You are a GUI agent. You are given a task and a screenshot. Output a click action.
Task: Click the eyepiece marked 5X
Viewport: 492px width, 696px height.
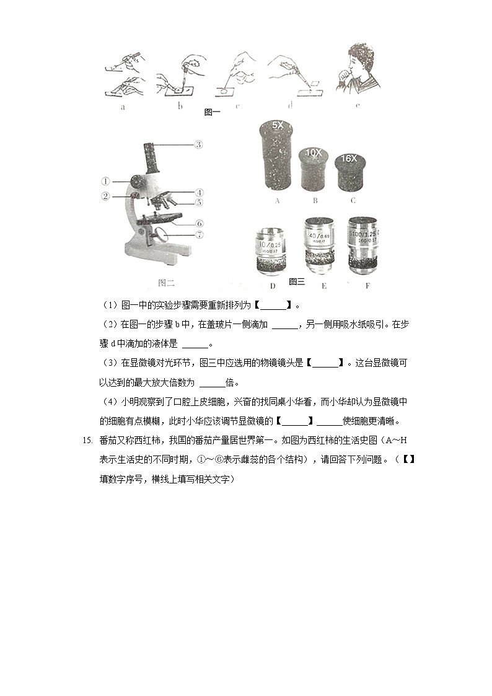pos(276,158)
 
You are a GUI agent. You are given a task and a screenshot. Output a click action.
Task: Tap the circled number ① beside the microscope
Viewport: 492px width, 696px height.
pos(106,182)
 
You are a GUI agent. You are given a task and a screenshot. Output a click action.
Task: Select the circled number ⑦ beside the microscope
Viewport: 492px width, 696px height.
pos(200,235)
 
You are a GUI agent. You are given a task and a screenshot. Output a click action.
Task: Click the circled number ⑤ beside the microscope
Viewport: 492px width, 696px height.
pos(200,202)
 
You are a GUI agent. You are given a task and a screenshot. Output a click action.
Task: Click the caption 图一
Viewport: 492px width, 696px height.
pos(212,112)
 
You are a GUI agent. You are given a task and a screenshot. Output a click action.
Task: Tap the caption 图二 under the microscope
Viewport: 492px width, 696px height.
pos(166,283)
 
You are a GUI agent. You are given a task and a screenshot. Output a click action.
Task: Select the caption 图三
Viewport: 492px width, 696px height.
pos(297,281)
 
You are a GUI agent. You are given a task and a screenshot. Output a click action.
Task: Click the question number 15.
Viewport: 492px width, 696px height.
pos(86,441)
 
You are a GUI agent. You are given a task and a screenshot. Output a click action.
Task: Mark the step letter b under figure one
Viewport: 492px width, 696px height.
pos(180,106)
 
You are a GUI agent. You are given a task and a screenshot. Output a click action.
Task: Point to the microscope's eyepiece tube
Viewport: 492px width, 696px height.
pos(151,157)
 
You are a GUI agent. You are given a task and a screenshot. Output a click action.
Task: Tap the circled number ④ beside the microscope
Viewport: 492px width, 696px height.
pos(200,192)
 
